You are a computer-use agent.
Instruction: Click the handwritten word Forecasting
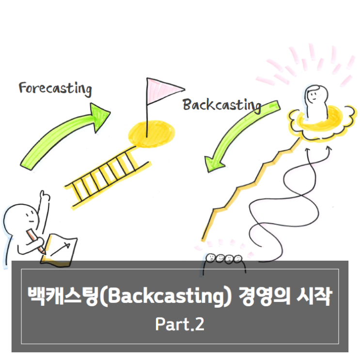[55, 89]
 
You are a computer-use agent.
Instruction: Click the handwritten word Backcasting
[222, 105]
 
